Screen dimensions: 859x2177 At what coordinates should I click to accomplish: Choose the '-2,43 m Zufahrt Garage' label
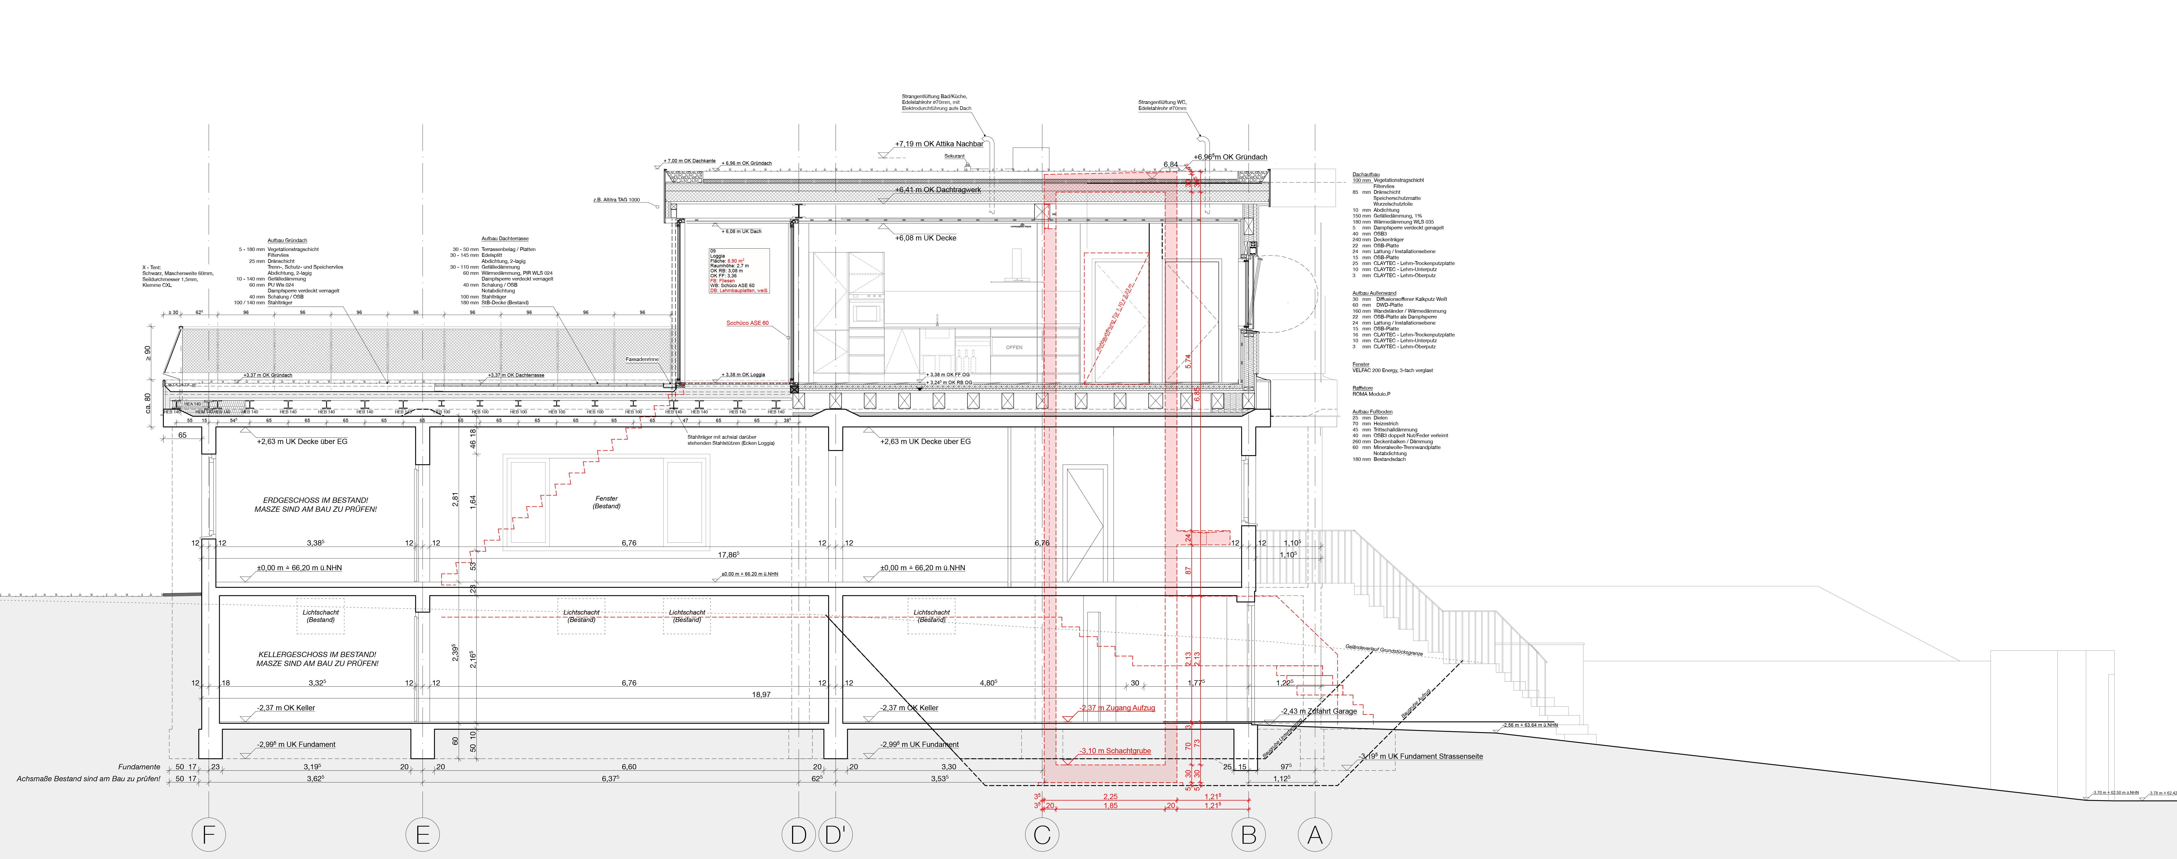point(1318,711)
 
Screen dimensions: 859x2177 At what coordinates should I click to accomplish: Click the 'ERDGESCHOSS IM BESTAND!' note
point(315,500)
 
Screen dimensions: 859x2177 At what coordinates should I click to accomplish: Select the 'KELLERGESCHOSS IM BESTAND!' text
point(317,655)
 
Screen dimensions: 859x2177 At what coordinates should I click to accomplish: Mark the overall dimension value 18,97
point(761,694)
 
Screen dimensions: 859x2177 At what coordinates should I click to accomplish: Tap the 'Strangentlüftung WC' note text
point(1162,102)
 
